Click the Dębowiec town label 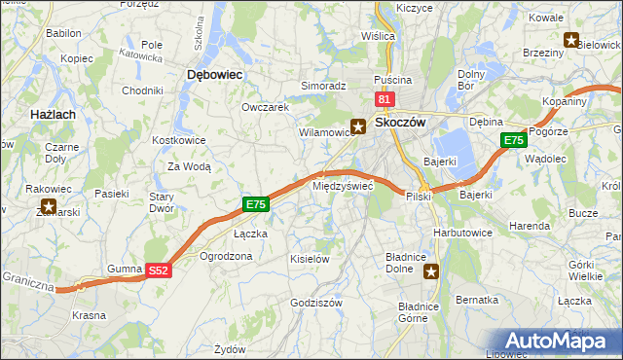click(x=214, y=74)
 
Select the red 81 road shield click(x=385, y=99)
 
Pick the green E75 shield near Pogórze click(x=514, y=141)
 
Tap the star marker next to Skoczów click(x=358, y=126)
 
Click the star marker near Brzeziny click(x=570, y=40)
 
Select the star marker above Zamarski click(x=47, y=207)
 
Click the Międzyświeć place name click(x=343, y=185)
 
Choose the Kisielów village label click(x=311, y=259)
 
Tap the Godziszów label click(x=316, y=303)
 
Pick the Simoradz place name click(x=323, y=86)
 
